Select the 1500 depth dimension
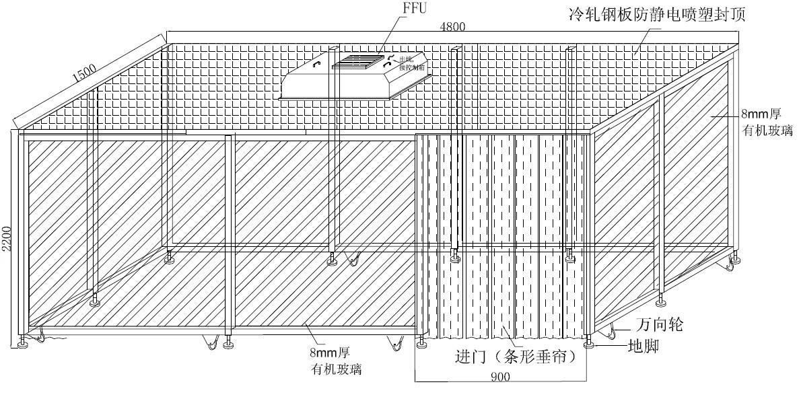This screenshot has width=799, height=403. click(85, 72)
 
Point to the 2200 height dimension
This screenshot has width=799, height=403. click(7, 237)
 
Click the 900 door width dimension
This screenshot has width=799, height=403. click(499, 377)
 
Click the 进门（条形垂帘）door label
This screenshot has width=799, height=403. click(516, 357)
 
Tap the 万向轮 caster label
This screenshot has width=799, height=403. click(659, 326)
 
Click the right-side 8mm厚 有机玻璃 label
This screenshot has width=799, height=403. click(767, 122)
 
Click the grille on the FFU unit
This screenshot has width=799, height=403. click(356, 63)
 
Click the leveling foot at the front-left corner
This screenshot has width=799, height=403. click(24, 344)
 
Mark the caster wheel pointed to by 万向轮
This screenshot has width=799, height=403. click(610, 330)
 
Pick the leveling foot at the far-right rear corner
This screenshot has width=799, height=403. click(735, 258)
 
